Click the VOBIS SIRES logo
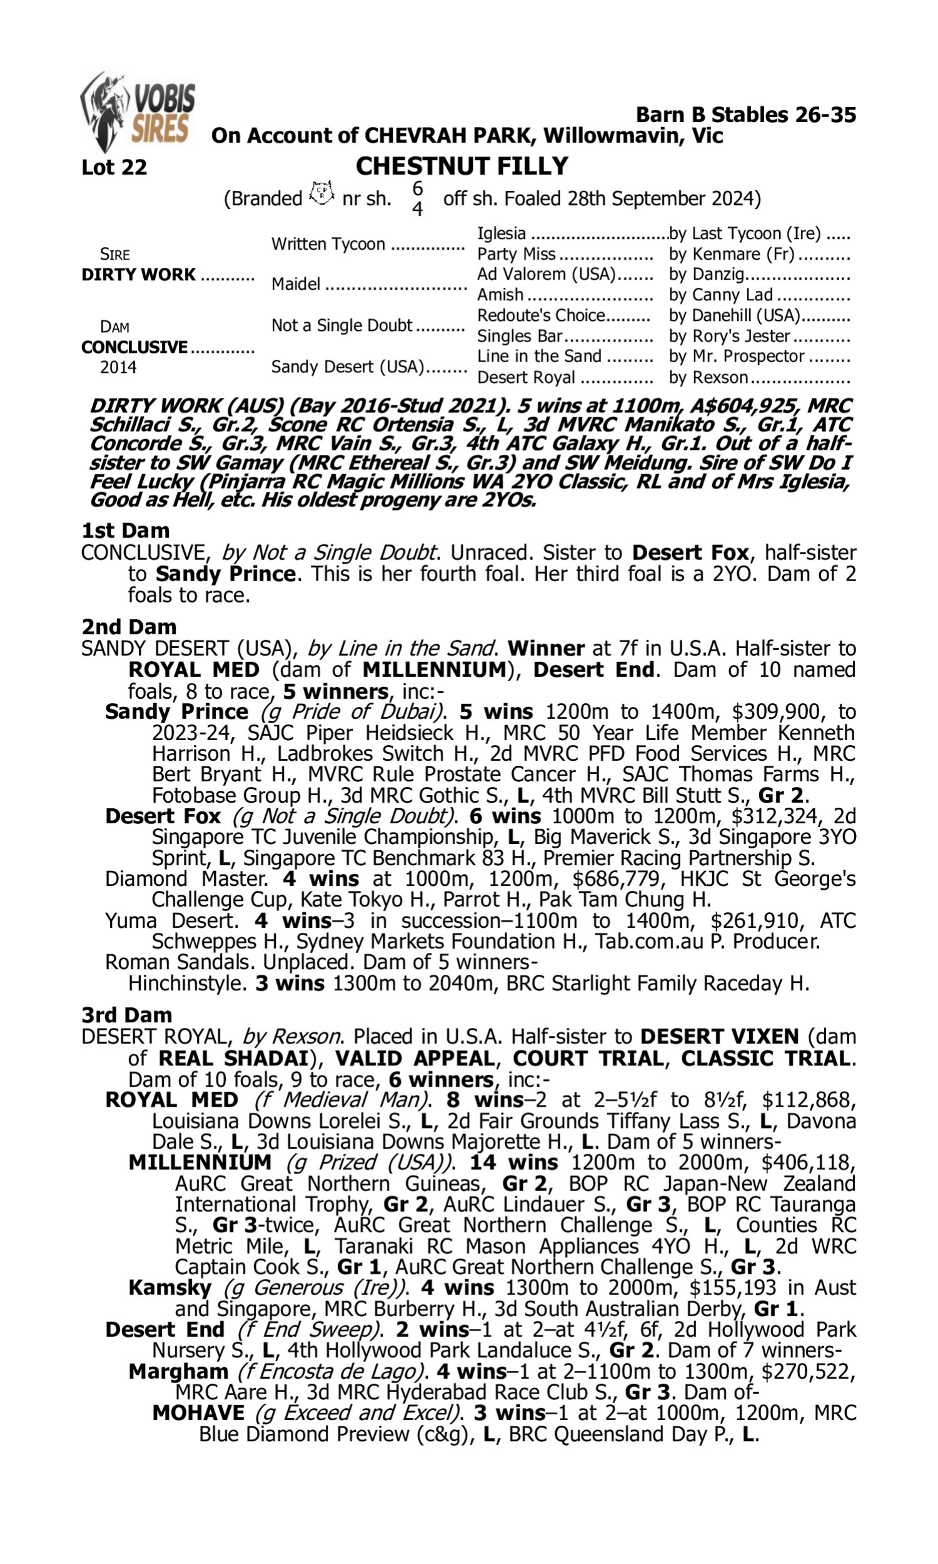coord(138,111)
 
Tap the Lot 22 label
coord(114,168)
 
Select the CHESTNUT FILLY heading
coord(461,166)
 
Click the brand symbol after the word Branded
coord(321,193)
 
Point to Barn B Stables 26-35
coord(745,115)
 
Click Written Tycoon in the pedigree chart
coord(328,245)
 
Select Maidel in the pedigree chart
coord(296,285)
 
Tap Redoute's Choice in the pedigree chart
coord(541,315)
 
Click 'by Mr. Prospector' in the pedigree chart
coord(737,357)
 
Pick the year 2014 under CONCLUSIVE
coord(118,367)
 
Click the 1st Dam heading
coord(126,531)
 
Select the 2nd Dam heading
coord(129,626)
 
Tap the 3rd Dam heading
coord(127,1015)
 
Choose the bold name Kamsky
coord(170,1287)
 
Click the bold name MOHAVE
coord(198,1413)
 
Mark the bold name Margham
coord(178,1371)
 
